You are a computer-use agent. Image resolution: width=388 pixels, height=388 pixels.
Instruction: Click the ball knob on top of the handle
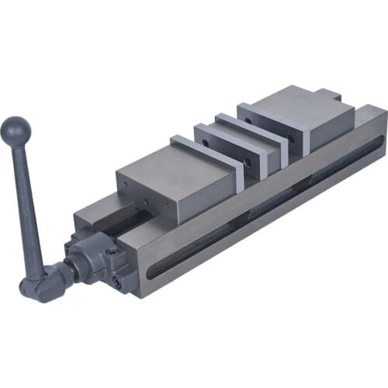pyautogui.click(x=16, y=127)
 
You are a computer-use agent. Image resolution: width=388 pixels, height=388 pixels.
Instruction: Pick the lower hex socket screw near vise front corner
pyautogui.click(x=117, y=283)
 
